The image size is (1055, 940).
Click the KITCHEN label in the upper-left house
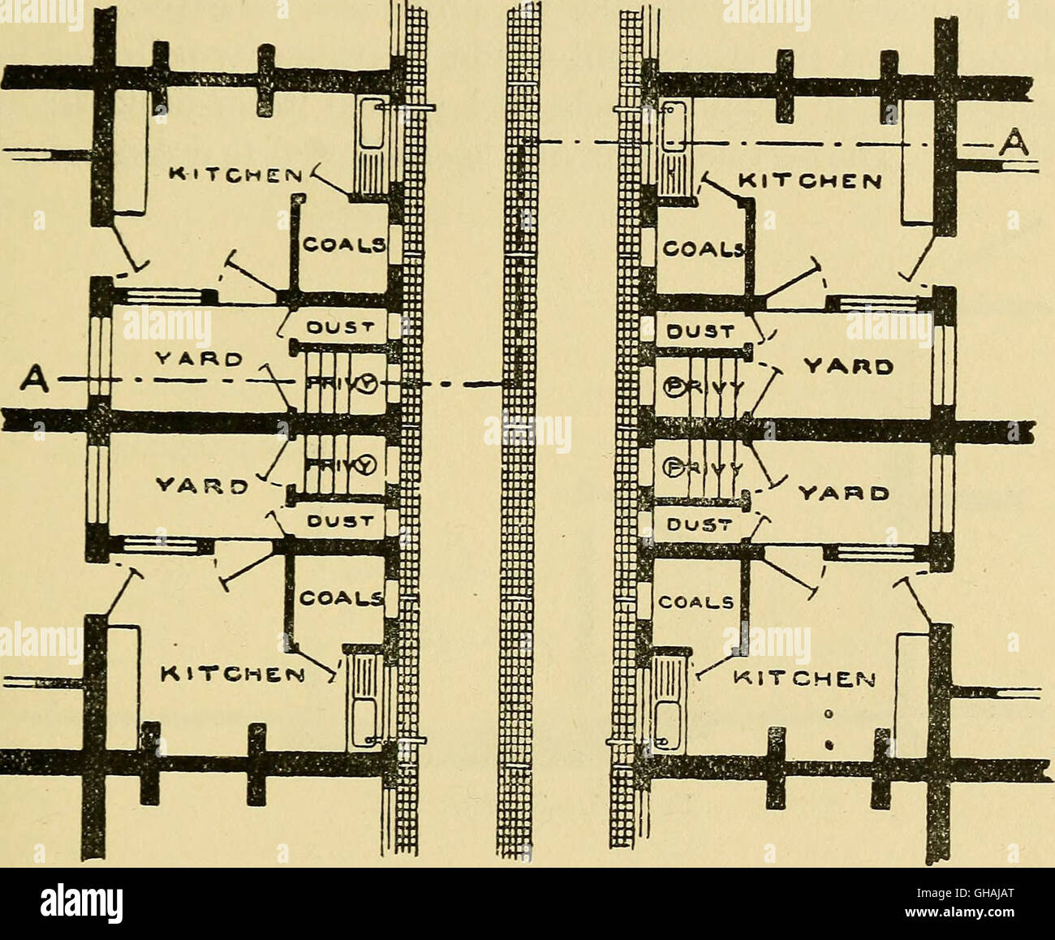pyautogui.click(x=235, y=174)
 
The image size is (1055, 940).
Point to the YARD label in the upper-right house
pyautogui.click(x=847, y=367)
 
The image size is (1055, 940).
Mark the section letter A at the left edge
pyautogui.click(x=33, y=378)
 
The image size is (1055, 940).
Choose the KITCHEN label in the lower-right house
pyautogui.click(x=807, y=679)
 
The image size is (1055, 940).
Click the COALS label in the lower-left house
pyautogui.click(x=342, y=599)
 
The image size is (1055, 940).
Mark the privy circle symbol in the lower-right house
pyautogui.click(x=673, y=466)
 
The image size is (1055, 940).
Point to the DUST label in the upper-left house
pyautogui.click(x=339, y=328)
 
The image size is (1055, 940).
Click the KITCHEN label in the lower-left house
pyautogui.click(x=234, y=674)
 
